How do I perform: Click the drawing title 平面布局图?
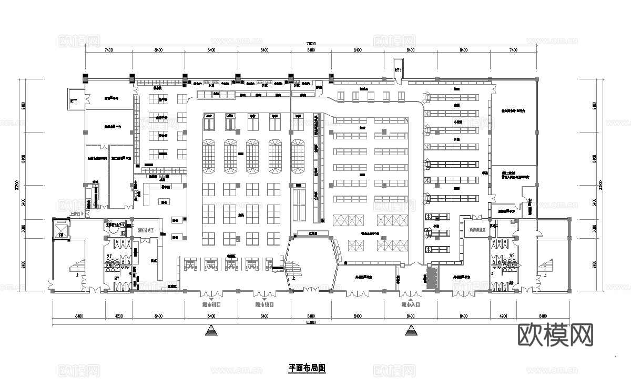[307, 369]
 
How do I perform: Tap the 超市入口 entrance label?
[411, 304]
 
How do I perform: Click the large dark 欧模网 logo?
[556, 334]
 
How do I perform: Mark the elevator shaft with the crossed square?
[61, 229]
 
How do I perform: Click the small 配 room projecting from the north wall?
[398, 69]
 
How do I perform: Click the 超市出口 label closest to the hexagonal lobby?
[263, 304]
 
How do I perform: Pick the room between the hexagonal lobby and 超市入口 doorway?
[365, 278]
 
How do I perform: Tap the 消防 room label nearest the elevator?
[146, 230]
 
